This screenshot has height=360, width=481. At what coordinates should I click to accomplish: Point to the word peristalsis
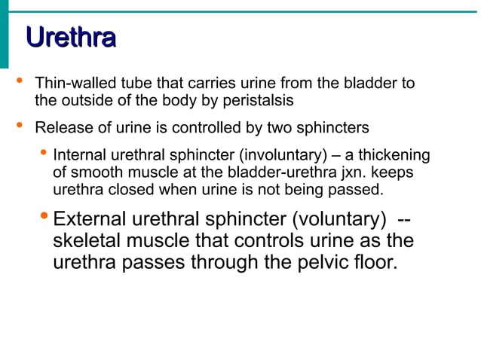pos(263,99)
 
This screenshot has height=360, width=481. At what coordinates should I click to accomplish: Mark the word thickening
pos(394,155)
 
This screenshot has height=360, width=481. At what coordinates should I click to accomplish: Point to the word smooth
pos(92,172)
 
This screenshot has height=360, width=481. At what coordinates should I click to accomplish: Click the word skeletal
pos(90,242)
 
